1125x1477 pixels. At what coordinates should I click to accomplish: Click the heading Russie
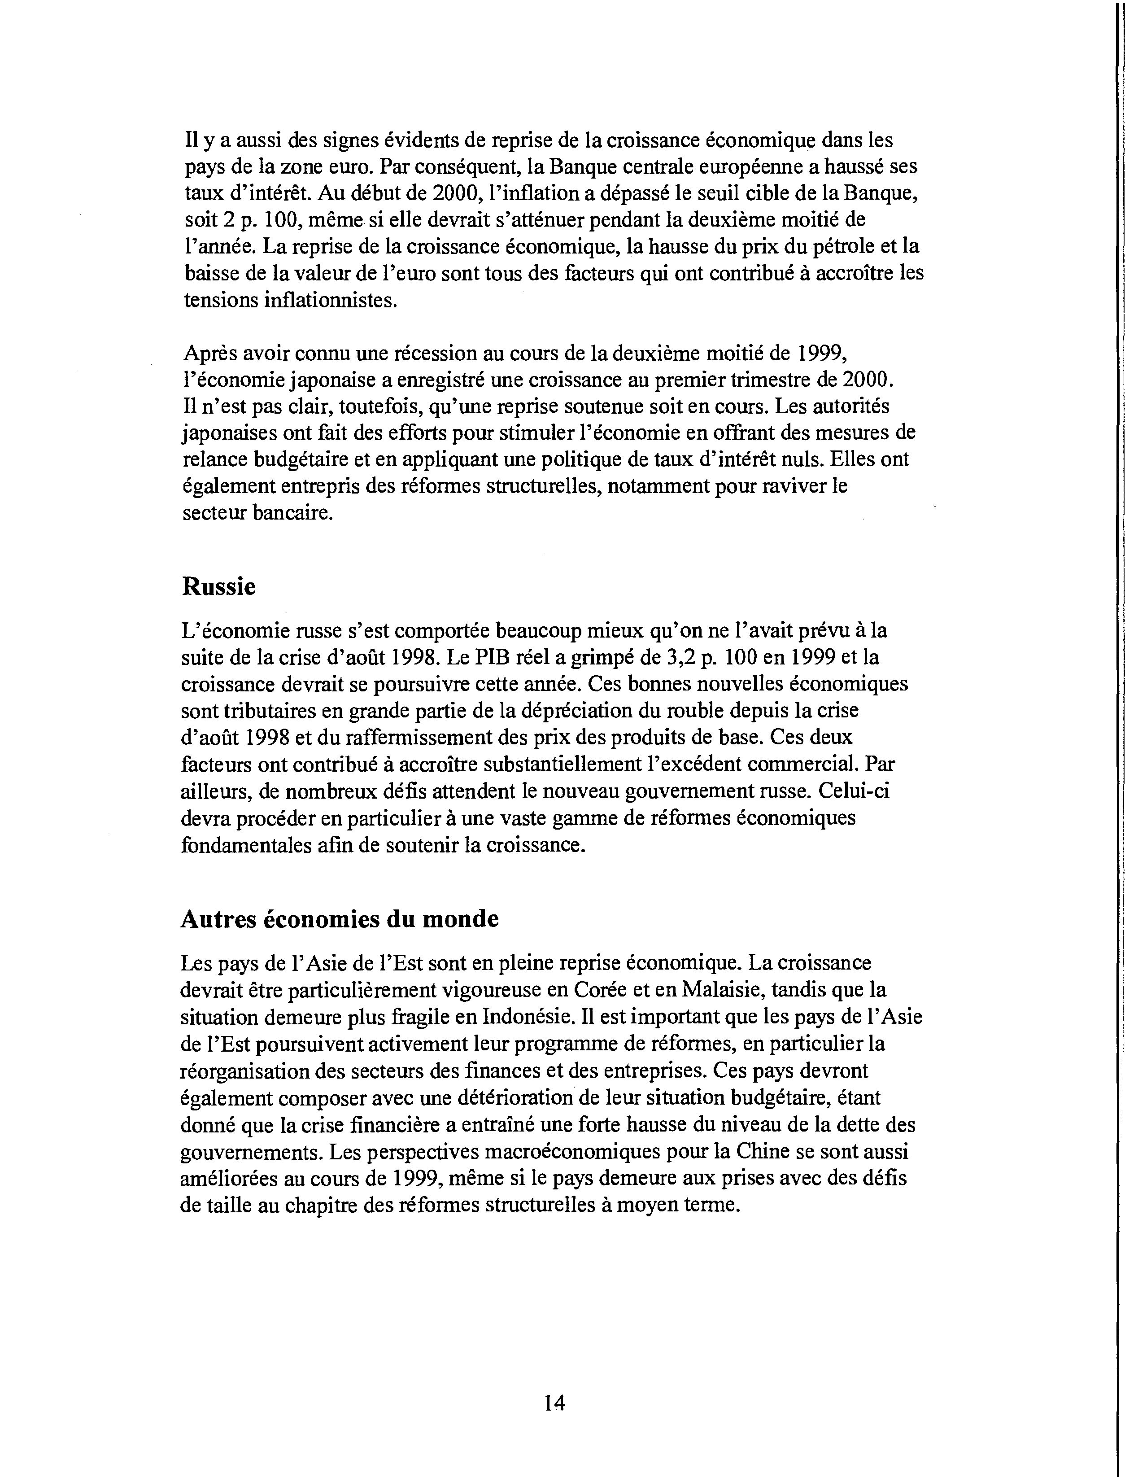click(218, 587)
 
